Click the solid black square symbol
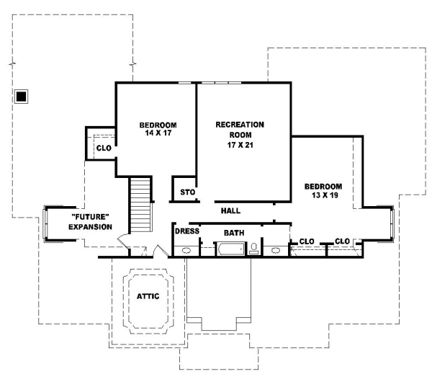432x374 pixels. click(22, 96)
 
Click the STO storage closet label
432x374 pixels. click(187, 192)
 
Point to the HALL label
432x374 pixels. click(230, 211)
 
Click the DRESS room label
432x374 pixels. click(186, 232)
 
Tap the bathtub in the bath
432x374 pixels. click(230, 250)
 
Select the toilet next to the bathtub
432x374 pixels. click(253, 249)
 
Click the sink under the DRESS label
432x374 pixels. click(186, 250)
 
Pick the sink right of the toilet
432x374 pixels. click(276, 250)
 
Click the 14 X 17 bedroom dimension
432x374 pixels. click(158, 133)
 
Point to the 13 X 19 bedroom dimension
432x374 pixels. click(323, 195)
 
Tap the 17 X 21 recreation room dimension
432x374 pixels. click(240, 145)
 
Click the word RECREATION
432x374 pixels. click(240, 125)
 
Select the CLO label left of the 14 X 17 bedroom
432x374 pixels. click(103, 148)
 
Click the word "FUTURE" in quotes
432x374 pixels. click(90, 217)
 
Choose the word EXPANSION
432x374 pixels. click(90, 227)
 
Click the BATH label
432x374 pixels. click(234, 233)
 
